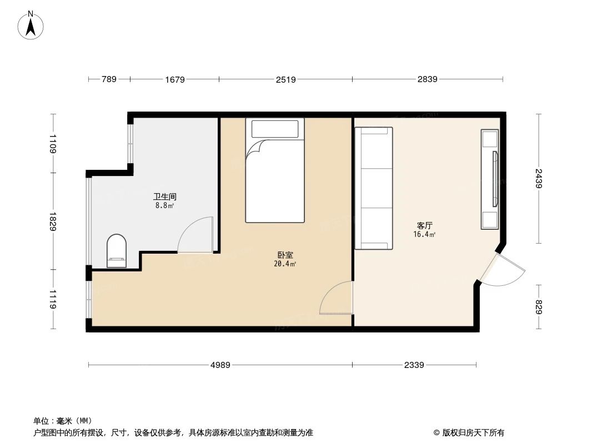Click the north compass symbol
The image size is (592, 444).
click(32, 25)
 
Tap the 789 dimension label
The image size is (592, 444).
click(109, 79)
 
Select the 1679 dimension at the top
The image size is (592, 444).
click(174, 79)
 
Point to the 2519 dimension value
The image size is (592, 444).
click(285, 79)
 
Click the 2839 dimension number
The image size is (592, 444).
click(428, 79)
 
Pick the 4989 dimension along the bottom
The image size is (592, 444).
click(220, 365)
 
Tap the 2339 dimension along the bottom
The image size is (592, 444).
click(414, 365)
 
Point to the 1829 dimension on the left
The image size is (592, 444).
click(53, 221)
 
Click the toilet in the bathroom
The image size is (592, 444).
click(117, 251)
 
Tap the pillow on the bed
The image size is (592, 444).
click(275, 129)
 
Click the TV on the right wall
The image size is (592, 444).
click(494, 179)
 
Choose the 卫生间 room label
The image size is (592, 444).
click(165, 196)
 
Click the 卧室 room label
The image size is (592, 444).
click(285, 255)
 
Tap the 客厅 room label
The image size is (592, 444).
click(425, 226)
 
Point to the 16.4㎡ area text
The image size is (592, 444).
click(425, 234)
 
